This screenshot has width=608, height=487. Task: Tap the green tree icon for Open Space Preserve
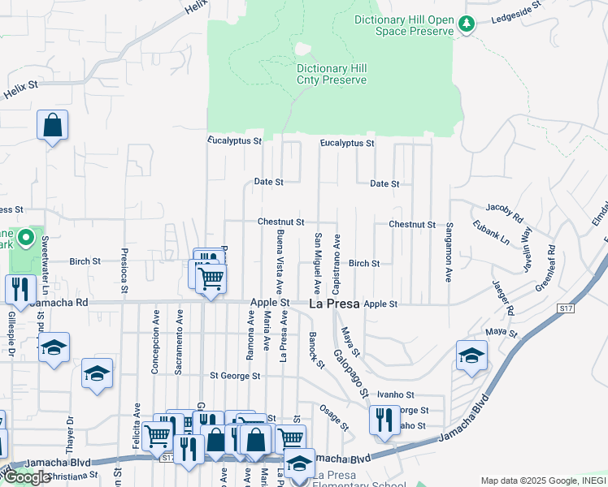pos(467,24)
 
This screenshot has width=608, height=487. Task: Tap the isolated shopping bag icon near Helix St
pos(52,126)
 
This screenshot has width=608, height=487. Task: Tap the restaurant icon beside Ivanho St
pos(384,420)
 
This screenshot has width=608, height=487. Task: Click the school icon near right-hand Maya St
pos(471,356)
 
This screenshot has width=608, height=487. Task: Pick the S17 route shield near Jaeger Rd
pos(567,308)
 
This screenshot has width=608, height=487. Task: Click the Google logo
pos(27,477)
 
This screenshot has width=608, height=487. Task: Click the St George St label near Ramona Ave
pos(235,376)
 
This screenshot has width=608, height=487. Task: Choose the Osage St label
pos(333,416)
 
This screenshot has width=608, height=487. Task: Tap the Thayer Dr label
pos(70,432)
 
